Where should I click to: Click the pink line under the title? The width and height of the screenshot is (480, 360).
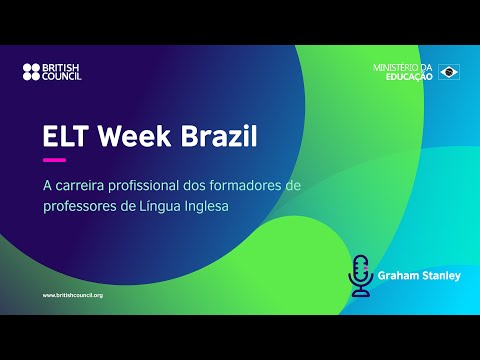coord(54,160)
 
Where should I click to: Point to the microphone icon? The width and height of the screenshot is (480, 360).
coord(360,273)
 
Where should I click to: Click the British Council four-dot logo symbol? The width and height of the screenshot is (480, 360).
coord(31,72)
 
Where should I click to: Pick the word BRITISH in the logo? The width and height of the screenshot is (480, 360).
coord(62,68)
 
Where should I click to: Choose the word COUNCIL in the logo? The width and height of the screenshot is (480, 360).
coord(62,76)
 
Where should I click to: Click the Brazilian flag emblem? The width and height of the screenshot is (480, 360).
coord(449,72)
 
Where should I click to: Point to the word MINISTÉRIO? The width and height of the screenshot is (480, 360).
coord(399,68)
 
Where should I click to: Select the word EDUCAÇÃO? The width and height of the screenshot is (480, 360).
coord(410,76)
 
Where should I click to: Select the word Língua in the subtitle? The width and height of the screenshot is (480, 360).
coord(167,205)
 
